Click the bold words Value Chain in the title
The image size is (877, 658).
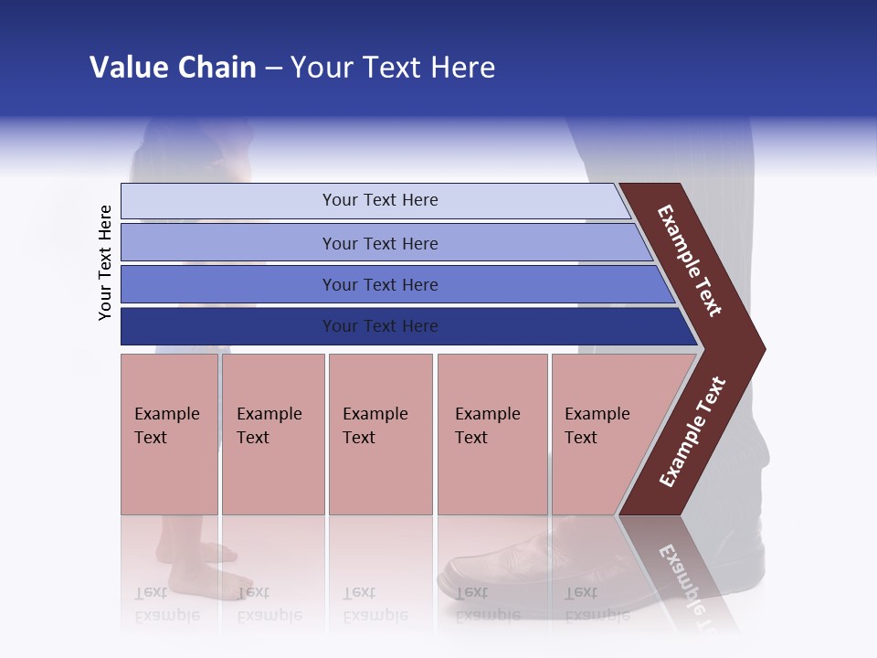[173, 68]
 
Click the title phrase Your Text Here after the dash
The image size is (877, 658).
[393, 68]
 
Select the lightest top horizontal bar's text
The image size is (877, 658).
[380, 200]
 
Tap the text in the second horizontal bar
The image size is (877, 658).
[380, 243]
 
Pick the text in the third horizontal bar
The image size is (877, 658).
[380, 284]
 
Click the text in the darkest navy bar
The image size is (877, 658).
[380, 326]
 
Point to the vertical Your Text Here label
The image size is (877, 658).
[105, 262]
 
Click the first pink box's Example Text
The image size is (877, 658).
[166, 426]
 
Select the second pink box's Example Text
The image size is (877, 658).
[269, 426]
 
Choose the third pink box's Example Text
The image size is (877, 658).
[375, 426]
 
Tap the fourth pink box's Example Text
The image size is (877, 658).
[487, 426]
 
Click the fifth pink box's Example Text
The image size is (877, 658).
[597, 426]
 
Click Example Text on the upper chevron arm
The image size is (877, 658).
[690, 260]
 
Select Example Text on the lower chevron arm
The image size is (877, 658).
[692, 432]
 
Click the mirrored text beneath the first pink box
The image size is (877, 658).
[166, 604]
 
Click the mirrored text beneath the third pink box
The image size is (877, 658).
[375, 604]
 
